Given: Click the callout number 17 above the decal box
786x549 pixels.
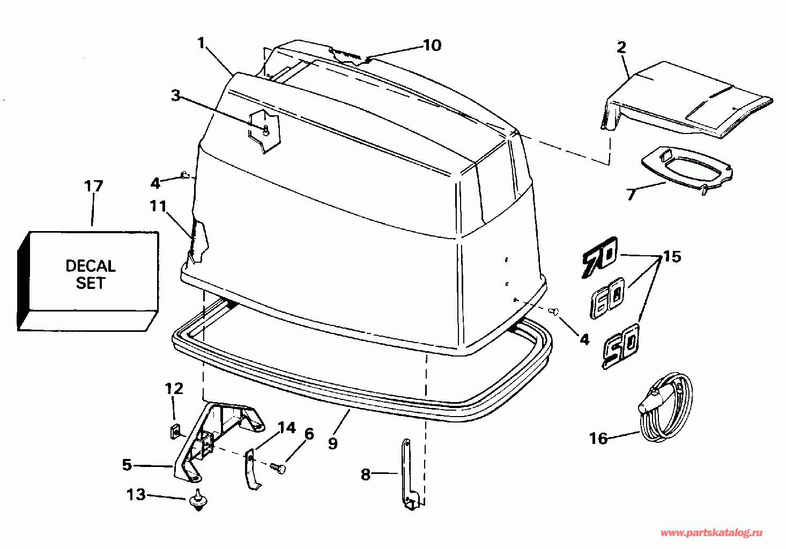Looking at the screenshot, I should [93, 187].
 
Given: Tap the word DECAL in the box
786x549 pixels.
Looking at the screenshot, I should [90, 266].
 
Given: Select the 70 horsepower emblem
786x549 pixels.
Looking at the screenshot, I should [600, 257].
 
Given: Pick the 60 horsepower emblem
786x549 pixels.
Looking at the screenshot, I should [607, 297].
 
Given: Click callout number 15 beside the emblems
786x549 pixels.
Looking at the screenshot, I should [672, 257].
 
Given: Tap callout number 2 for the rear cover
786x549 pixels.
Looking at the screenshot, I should [621, 47].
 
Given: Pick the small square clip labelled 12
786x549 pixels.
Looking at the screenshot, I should [174, 430].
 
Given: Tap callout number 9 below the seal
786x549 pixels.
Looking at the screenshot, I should [333, 443].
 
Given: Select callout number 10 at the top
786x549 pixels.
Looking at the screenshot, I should [432, 46].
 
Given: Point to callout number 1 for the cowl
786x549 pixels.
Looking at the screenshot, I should [201, 42].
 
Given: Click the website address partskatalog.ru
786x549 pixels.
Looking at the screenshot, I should [711, 532].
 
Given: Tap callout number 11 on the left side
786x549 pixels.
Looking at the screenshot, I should [158, 206].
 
